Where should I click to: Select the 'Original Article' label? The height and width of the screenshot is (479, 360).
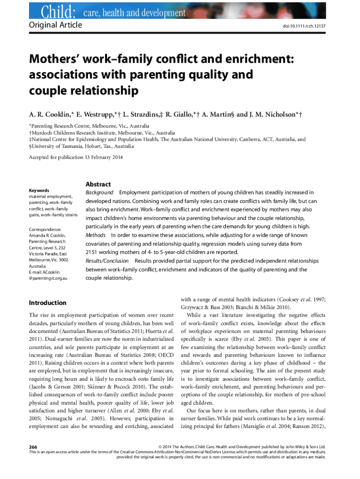[x=56, y=24]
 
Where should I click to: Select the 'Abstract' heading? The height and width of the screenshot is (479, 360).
[x=98, y=184]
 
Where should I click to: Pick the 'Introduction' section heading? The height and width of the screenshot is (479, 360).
[x=48, y=303]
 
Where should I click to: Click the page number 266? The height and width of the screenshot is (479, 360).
[x=34, y=447]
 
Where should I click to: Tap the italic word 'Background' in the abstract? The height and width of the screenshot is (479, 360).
[x=99, y=192]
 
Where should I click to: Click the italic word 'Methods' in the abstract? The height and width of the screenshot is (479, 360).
[x=95, y=235]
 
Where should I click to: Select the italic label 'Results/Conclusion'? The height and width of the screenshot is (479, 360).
[x=108, y=261]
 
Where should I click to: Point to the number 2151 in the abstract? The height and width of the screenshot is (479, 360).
[x=93, y=252]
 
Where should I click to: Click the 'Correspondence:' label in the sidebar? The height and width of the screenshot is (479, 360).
[x=45, y=229]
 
